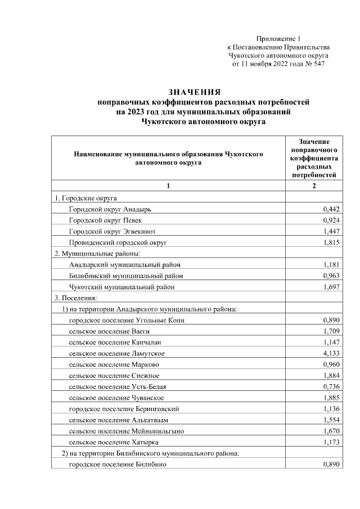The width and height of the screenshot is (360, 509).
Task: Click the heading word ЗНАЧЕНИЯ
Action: (x=195, y=92)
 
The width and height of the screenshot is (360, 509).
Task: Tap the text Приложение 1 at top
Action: (x=278, y=38)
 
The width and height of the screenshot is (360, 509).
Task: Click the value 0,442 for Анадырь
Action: (x=332, y=209)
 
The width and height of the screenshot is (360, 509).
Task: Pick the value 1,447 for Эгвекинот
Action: (x=332, y=231)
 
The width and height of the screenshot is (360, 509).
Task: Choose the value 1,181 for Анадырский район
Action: (x=332, y=264)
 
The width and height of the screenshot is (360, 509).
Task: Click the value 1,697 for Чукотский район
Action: (x=332, y=287)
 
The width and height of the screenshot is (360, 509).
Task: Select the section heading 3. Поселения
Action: (x=76, y=298)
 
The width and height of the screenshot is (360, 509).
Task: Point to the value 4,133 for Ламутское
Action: (x=332, y=353)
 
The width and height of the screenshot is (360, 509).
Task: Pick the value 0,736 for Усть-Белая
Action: (x=332, y=386)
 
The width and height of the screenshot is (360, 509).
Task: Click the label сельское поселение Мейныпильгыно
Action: (x=127, y=431)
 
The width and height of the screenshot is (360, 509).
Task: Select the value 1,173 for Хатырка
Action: (x=332, y=442)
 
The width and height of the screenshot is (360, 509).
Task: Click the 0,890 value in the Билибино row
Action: (x=332, y=465)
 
